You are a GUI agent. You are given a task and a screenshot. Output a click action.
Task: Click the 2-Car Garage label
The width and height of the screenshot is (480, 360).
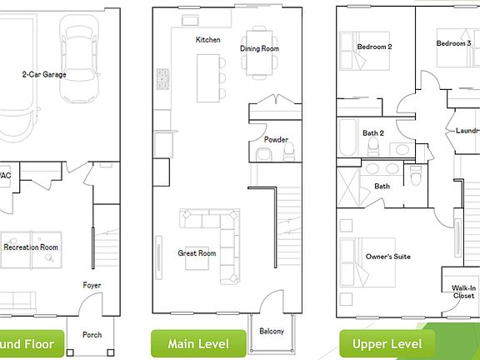tap(44, 75)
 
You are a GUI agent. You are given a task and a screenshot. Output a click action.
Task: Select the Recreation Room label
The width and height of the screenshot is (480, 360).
tap(31, 247)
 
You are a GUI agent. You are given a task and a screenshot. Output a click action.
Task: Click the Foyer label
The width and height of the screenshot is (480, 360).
tap(92, 286)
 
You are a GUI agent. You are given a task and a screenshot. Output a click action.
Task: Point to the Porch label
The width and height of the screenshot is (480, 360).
tap(92, 335)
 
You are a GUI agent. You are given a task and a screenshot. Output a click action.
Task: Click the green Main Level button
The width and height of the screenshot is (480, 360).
tap(198, 343)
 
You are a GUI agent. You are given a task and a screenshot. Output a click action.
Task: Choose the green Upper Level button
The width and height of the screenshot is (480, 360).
tap(387, 343)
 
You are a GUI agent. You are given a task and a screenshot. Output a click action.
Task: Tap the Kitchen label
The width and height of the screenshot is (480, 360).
tap(208, 40)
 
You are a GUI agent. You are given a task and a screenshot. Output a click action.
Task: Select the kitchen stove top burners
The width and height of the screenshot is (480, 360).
tap(162, 79)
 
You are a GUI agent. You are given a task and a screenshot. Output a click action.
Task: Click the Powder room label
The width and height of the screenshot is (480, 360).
tap(276, 139)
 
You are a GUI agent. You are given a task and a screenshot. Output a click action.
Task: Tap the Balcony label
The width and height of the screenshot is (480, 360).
tap(271, 332)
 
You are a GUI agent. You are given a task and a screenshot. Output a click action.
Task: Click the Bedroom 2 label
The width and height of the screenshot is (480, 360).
tap(374, 47)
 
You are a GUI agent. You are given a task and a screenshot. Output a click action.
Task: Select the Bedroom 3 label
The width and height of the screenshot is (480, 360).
tap(454, 42)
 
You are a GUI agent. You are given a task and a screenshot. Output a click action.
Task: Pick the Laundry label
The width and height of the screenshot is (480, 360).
tap(467, 131)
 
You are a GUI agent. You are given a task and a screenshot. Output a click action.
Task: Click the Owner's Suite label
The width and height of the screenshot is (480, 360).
tap(387, 257)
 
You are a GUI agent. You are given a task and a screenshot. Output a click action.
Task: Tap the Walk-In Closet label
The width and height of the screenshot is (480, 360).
tap(463, 292)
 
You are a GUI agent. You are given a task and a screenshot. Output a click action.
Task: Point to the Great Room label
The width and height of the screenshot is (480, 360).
tap(197, 253)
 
